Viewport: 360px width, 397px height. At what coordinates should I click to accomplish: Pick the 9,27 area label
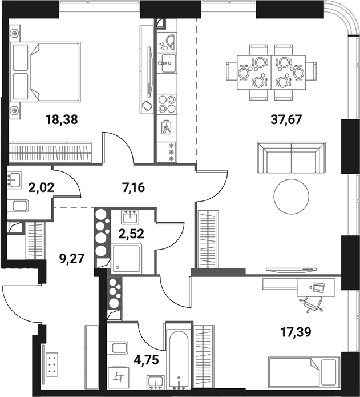coord(72,257)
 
